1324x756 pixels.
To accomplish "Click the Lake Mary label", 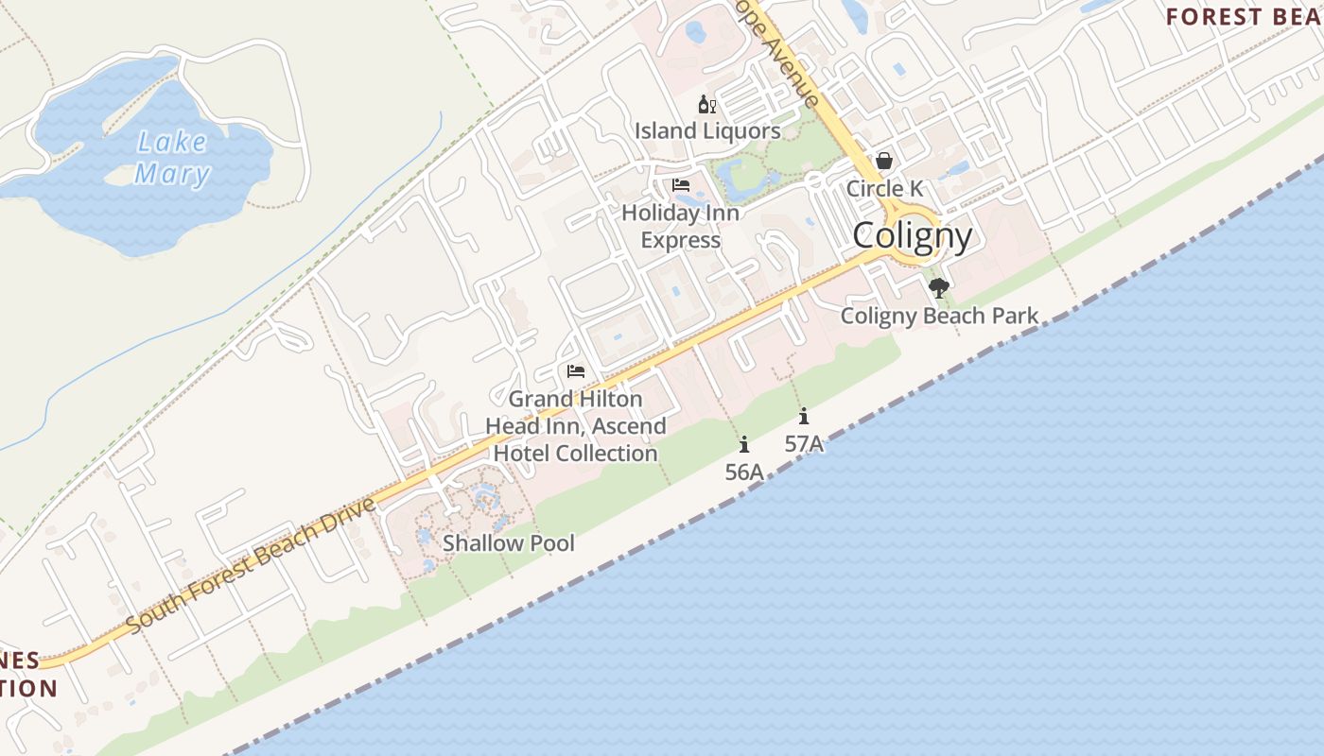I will pyautogui.click(x=171, y=158).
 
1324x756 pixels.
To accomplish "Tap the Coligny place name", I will pyautogui.click(x=912, y=235).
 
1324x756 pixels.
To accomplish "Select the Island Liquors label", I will pyautogui.click(x=707, y=130).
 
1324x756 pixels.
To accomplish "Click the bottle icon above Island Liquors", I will pyautogui.click(x=706, y=104).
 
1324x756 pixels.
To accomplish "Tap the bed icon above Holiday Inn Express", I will pyautogui.click(x=681, y=185).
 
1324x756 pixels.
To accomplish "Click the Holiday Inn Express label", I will pyautogui.click(x=681, y=227).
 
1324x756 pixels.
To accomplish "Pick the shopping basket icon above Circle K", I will pyautogui.click(x=884, y=161).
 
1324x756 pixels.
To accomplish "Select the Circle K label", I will pyautogui.click(x=884, y=188).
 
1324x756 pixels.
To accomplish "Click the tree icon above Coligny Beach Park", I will pyautogui.click(x=938, y=288).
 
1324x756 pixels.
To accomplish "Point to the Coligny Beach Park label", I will pyautogui.click(x=939, y=316).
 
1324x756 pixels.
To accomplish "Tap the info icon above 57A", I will pyautogui.click(x=804, y=416).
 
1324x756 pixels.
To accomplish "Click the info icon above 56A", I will pyautogui.click(x=744, y=444).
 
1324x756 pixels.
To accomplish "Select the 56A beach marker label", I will pyautogui.click(x=744, y=472).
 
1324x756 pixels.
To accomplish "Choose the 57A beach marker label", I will pyautogui.click(x=804, y=442).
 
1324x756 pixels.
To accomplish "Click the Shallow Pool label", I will pyautogui.click(x=509, y=542).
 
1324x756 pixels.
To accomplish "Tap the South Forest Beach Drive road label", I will pyautogui.click(x=251, y=566).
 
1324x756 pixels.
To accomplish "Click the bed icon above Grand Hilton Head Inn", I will pyautogui.click(x=576, y=371).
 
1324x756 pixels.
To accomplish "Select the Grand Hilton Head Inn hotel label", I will pyautogui.click(x=575, y=426).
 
